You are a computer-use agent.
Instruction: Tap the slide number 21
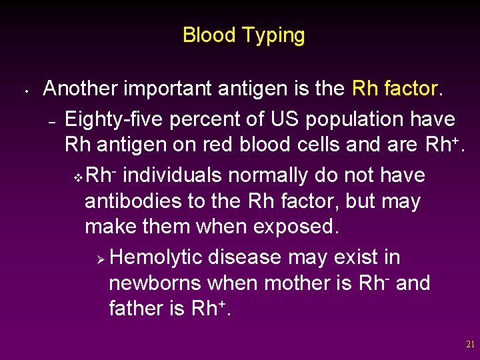pyautogui.click(x=471, y=345)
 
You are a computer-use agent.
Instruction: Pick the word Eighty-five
pyautogui.click(x=114, y=119)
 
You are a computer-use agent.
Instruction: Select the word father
pyautogui.click(x=137, y=309)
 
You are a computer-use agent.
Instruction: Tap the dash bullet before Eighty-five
pyautogui.click(x=51, y=121)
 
